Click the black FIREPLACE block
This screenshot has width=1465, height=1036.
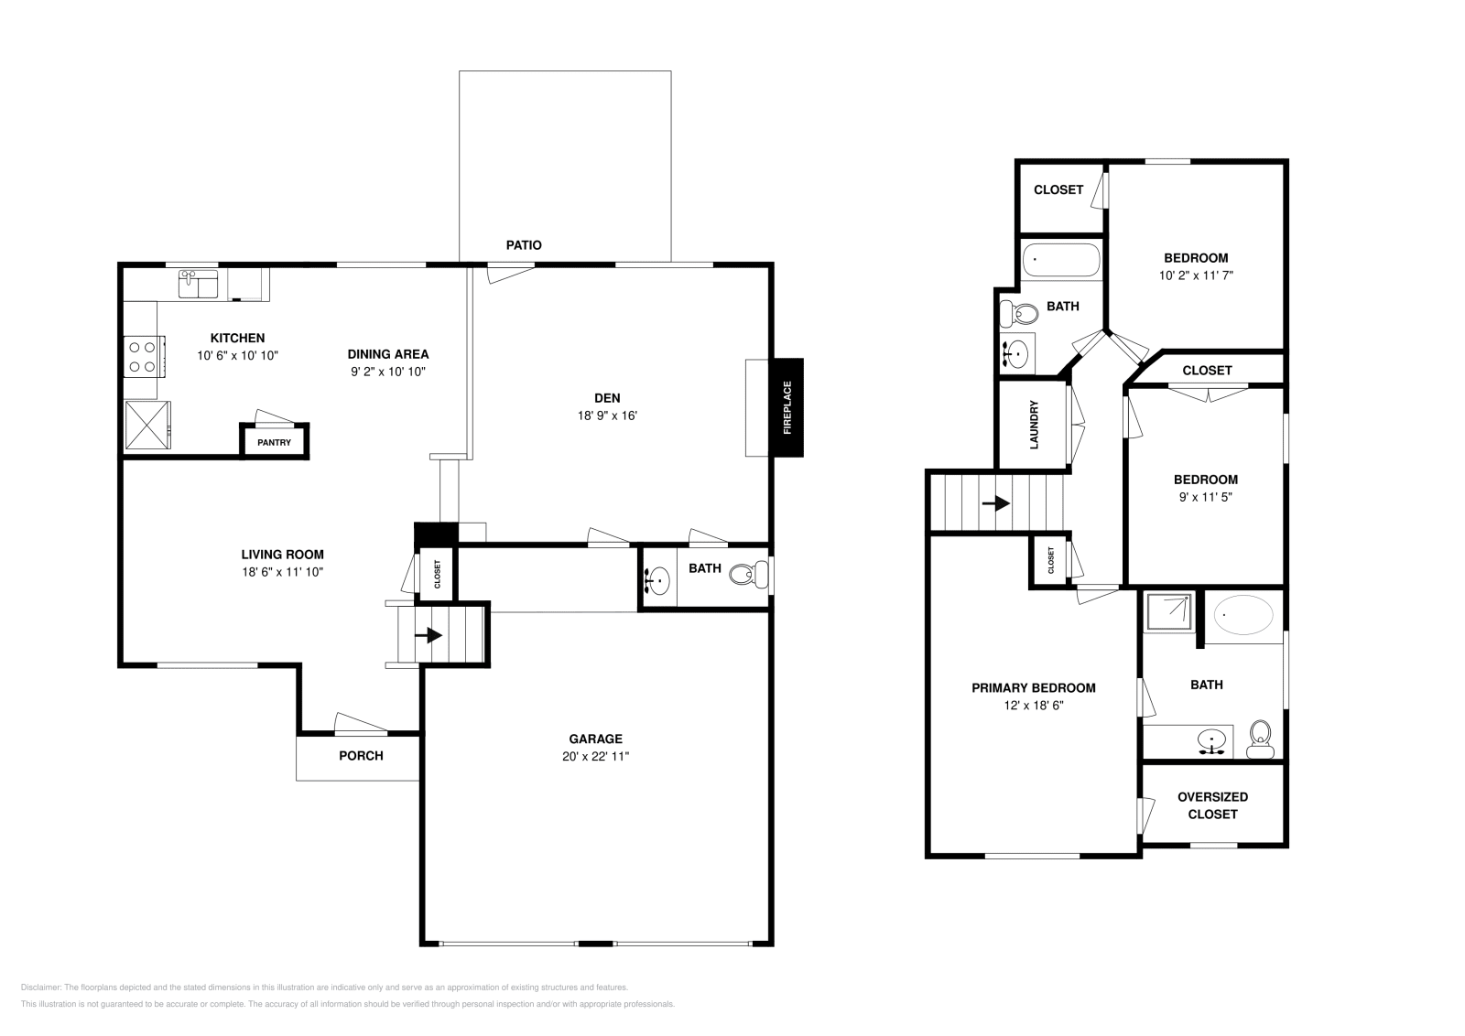[x=787, y=407]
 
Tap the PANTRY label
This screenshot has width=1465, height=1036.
[x=274, y=443]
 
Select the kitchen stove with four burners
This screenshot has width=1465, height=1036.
[x=144, y=356]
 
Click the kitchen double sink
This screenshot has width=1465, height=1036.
[x=198, y=285]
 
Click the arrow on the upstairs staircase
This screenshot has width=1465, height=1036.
[x=996, y=503]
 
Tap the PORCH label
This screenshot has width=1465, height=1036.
[x=361, y=756]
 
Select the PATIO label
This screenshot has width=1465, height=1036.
[x=524, y=245]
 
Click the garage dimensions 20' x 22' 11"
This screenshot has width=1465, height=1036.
[x=595, y=756]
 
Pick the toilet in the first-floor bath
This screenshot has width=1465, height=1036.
[x=750, y=574]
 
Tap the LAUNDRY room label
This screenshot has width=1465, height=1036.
[x=1034, y=425]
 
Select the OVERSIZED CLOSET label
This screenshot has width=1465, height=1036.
[x=1212, y=805]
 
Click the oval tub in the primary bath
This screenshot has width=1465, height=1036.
[x=1243, y=615]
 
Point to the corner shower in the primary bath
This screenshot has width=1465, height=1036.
[x=1169, y=612]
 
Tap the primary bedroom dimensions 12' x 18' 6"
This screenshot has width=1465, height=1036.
[x=1034, y=706]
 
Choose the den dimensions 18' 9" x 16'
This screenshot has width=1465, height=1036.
[x=607, y=415]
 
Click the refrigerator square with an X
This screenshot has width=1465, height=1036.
[x=147, y=425]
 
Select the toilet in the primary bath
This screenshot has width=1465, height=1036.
[x=1260, y=739]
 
